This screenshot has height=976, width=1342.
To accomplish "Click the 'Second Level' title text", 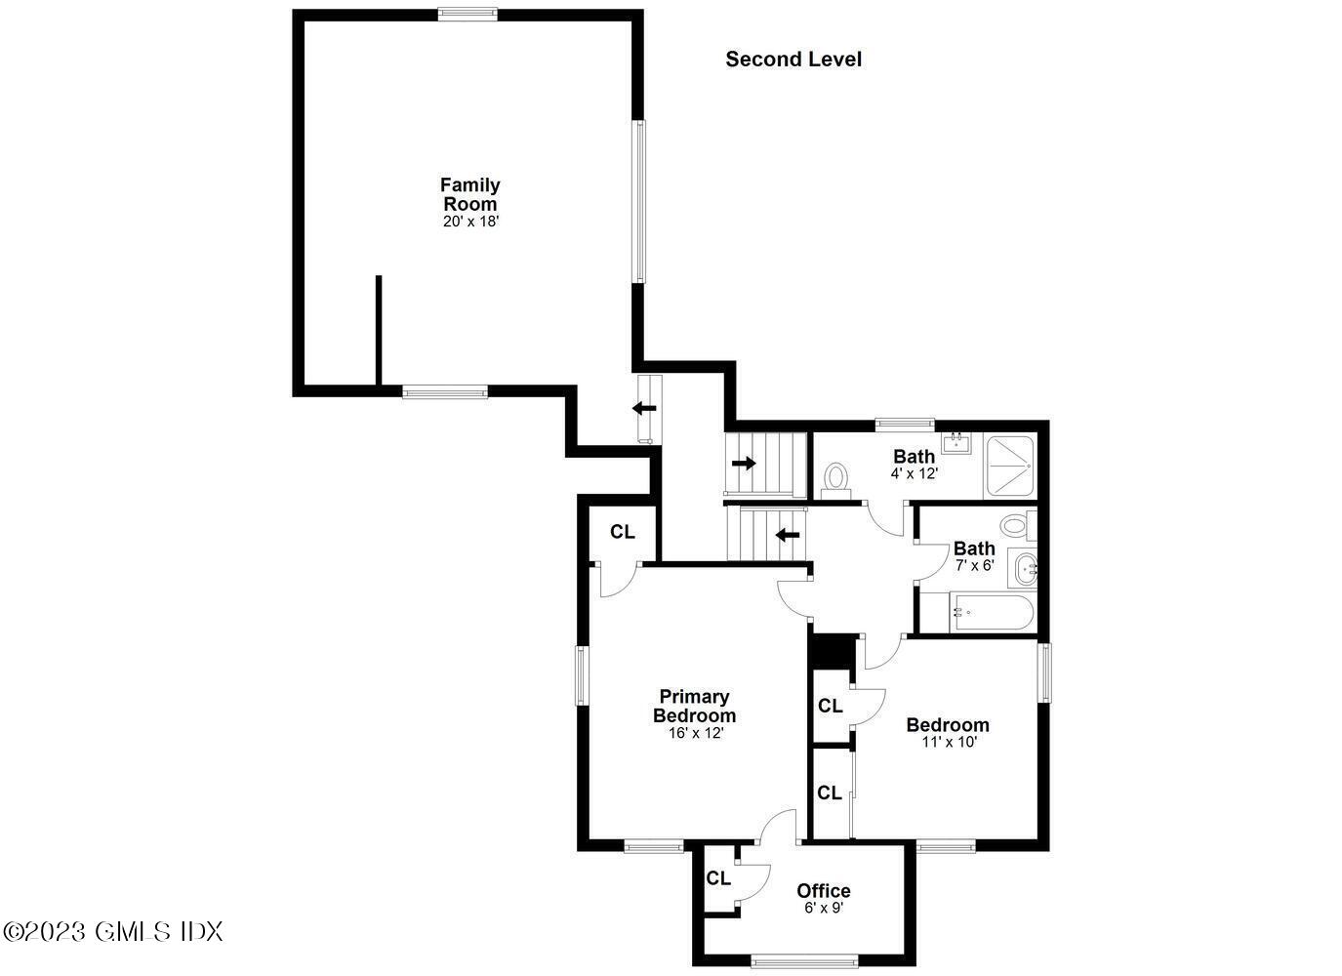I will pos(793,60).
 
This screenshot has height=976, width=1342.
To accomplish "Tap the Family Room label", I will pos(469,194).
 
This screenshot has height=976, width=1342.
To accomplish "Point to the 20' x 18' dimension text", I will pos(470,222).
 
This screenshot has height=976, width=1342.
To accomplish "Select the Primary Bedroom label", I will pos(694,706).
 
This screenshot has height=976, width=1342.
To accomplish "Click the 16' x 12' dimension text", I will pos(693,733).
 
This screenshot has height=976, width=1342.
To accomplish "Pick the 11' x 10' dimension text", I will pos(949,742).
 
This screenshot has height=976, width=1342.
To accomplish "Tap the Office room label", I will pos(823,890).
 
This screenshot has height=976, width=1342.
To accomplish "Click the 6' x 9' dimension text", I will pos(823,908).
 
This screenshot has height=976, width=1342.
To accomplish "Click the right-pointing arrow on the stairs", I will pos(744,464).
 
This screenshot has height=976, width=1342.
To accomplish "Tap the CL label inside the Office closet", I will pos(718,878).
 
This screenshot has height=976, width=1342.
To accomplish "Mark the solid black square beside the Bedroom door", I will pos(833,651).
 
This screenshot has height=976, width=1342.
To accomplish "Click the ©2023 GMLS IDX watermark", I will pos(113,931).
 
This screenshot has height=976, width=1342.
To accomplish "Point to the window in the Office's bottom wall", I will pos(804,959).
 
